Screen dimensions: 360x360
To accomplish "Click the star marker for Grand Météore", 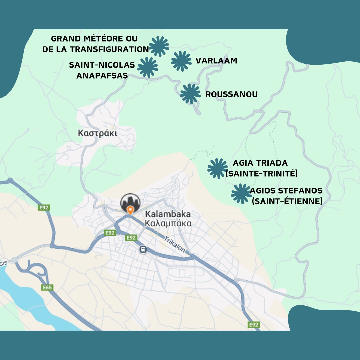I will [x=159, y=46].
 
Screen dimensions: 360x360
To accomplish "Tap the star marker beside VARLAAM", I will [x=181, y=61].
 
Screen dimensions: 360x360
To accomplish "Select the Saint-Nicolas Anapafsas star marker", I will [x=148, y=67].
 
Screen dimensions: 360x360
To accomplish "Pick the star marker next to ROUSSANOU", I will [x=190, y=94].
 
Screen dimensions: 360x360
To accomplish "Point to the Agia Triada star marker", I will [x=217, y=168].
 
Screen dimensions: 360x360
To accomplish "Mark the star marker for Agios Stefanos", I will [x=241, y=193].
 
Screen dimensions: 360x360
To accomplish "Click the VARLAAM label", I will [x=216, y=61].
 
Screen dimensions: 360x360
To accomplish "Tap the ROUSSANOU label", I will [x=231, y=94].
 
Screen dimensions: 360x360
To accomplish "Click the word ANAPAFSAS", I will [x=102, y=76].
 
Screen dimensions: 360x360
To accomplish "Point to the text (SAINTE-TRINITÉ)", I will [x=261, y=174].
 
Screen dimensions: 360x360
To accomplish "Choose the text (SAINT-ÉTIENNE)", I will [x=287, y=201].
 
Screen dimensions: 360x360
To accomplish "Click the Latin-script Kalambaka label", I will [x=168, y=214].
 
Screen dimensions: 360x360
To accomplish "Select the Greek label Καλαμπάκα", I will [x=168, y=223].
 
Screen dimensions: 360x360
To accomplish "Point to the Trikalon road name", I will [x=174, y=245].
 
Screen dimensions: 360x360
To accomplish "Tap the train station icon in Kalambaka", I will [x=143, y=249].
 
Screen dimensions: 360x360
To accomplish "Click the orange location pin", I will [x=130, y=210].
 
